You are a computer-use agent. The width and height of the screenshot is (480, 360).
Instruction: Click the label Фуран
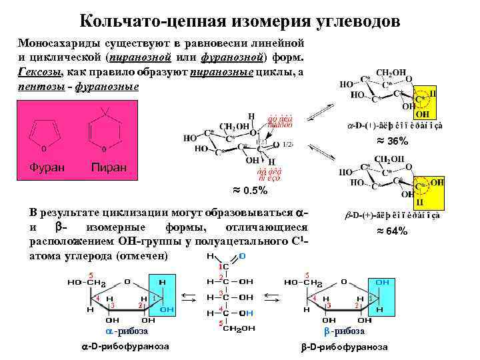[47, 165]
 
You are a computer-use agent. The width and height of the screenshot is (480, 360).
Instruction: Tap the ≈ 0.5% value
[250, 191]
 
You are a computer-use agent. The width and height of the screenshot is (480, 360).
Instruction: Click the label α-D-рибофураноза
[125, 347]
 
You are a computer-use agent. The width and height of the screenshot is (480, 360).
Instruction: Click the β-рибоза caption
[345, 331]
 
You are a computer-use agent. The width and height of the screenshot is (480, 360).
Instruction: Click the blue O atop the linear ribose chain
[241, 255]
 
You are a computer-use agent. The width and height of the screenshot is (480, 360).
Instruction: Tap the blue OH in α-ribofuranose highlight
[167, 309]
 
